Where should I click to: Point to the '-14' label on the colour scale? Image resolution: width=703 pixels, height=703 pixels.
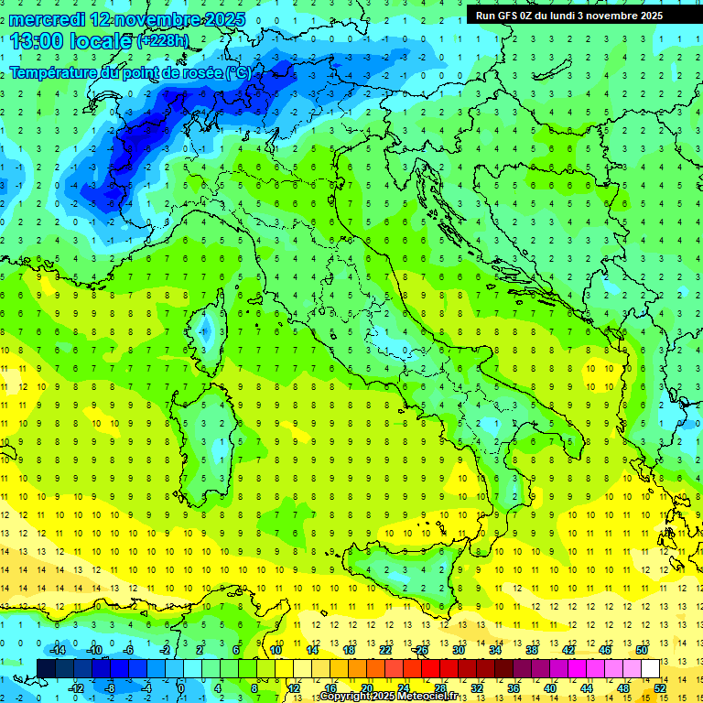pos(56,650)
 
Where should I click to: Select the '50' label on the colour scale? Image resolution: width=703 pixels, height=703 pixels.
pos(642,650)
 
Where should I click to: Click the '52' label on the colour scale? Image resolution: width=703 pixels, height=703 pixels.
pos(660,687)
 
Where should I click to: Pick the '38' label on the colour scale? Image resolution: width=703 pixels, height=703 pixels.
pos(532,650)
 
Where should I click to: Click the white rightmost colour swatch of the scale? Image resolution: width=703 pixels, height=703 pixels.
pos(651,668)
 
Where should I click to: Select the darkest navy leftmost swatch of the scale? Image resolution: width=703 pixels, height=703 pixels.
pos(46,668)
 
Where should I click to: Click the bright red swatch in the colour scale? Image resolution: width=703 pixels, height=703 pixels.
pos(431,668)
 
